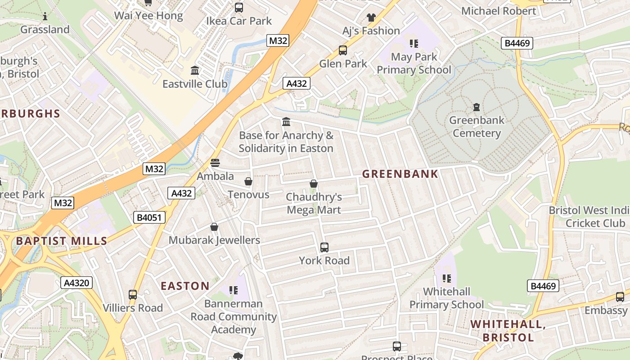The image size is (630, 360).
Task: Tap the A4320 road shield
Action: (x=76, y=283)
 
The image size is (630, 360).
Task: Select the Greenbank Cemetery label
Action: (x=477, y=126)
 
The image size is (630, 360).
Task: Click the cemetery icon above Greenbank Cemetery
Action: (x=476, y=107)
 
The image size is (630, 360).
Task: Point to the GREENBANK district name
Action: (x=400, y=174)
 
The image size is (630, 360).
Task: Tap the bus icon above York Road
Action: (x=324, y=247)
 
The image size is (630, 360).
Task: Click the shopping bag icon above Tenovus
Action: (x=248, y=181)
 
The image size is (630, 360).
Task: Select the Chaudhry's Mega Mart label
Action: (x=314, y=203)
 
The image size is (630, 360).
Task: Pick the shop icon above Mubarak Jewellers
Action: (x=214, y=227)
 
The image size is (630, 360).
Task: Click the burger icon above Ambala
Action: (x=215, y=162)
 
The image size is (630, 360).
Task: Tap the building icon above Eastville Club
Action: (x=195, y=71)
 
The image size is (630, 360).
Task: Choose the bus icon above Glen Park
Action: (x=343, y=50)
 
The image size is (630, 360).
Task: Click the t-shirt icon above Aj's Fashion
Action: (x=371, y=18)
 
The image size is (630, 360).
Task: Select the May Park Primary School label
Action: (x=414, y=63)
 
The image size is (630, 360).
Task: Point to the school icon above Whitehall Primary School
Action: (x=446, y=279)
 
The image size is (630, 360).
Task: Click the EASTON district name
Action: (x=185, y=286)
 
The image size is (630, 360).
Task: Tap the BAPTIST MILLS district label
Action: (x=62, y=241)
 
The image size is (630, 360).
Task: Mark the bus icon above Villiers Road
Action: (x=133, y=295)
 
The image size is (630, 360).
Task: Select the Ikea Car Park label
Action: (x=238, y=21)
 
